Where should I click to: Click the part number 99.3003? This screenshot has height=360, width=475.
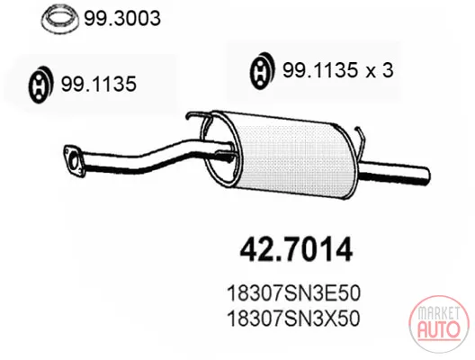pyautogui.click(x=122, y=18)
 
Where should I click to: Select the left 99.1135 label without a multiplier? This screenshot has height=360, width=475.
pyautogui.click(x=99, y=84)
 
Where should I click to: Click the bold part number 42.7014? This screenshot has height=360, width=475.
pyautogui.click(x=296, y=250)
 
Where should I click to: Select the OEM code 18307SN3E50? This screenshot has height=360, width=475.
pyautogui.click(x=293, y=293)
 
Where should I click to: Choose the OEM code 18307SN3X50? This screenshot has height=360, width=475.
pyautogui.click(x=293, y=319)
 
